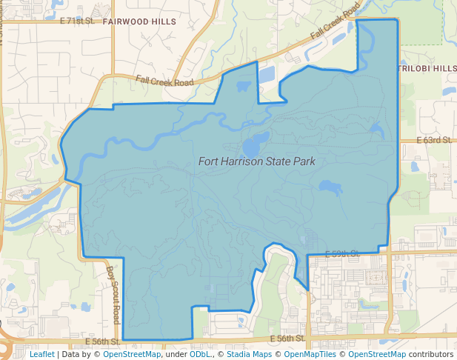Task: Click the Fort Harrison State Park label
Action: [x=256, y=161]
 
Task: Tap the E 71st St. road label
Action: [x=78, y=21]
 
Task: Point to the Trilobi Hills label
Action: [x=428, y=68]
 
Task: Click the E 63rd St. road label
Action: [x=433, y=139]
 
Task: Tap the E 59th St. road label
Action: [x=342, y=253]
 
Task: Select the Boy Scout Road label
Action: [x=113, y=294]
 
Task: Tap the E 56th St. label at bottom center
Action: [x=287, y=339]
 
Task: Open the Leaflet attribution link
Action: [x=41, y=354]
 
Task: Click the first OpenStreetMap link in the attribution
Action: [x=132, y=354]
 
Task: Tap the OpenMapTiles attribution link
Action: [x=308, y=354]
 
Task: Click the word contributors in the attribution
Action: [x=430, y=354]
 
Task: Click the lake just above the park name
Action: [x=256, y=141]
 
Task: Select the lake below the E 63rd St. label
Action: [x=330, y=187]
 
